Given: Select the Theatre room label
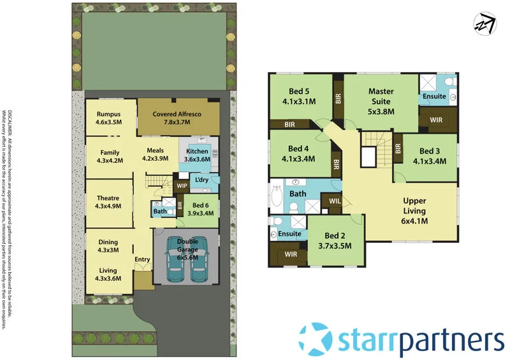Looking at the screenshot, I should click(x=107, y=198).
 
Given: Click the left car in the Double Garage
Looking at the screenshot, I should click(x=174, y=259).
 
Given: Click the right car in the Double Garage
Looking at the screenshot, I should click(x=198, y=259).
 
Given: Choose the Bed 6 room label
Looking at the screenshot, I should click(x=201, y=205).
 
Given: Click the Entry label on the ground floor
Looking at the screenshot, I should click(x=142, y=259).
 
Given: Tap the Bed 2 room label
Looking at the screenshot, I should click(x=335, y=235).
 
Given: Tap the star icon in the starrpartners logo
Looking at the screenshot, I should click(x=316, y=338).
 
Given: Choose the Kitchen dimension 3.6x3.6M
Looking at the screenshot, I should click(x=196, y=159).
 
